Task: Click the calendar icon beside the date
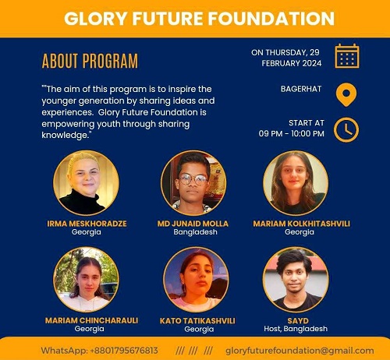click(x=347, y=56)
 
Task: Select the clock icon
click(x=346, y=130)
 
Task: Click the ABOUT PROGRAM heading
click(x=90, y=62)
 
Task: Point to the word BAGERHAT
click(x=301, y=89)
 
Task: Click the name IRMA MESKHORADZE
click(x=87, y=224)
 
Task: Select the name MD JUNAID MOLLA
click(x=193, y=224)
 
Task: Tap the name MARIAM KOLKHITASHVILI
click(x=302, y=224)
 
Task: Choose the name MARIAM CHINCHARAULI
click(x=91, y=320)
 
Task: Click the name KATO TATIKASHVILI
click(x=197, y=320)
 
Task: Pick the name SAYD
click(x=298, y=320)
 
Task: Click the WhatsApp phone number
click(x=124, y=351)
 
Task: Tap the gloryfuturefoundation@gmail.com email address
click(x=300, y=351)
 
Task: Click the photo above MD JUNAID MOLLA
click(x=193, y=183)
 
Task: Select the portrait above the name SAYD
click(x=296, y=280)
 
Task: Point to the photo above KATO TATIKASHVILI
click(x=197, y=280)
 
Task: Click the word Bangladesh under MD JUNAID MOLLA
click(x=195, y=232)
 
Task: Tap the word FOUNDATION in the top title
click(x=271, y=19)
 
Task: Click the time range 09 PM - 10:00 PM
click(x=292, y=134)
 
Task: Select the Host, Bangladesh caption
click(x=296, y=329)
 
